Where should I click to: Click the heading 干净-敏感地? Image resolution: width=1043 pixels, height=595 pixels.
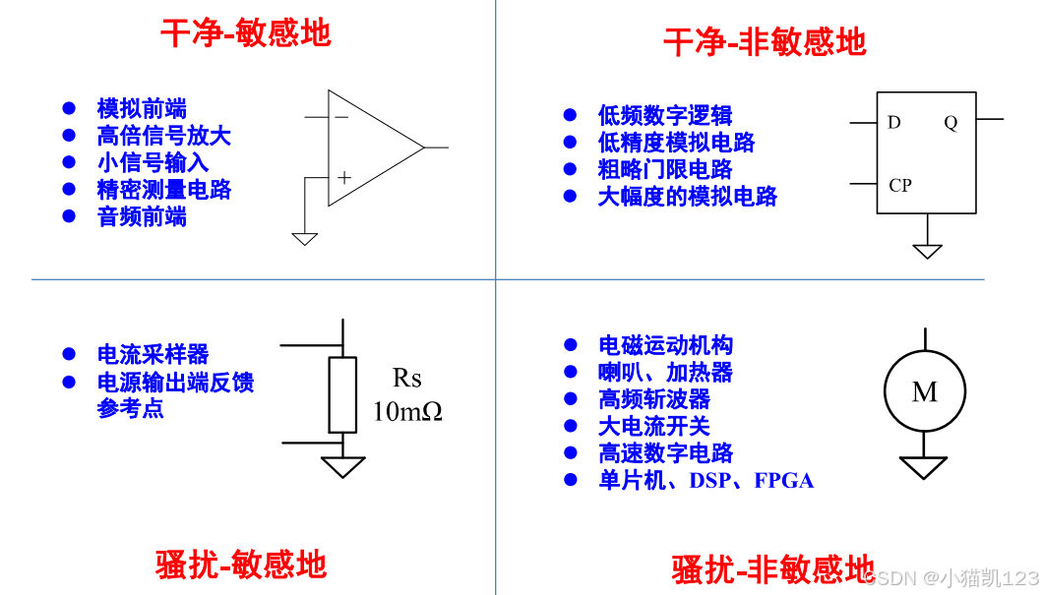(246, 33)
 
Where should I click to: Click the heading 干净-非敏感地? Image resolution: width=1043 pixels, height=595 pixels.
(765, 42)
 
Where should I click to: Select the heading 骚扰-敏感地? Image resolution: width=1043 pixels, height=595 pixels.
(241, 565)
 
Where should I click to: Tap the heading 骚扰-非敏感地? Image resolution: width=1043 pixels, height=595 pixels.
(772, 569)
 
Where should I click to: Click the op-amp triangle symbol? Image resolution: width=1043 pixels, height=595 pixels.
(369, 149)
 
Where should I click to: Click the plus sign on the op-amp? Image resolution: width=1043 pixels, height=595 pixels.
(343, 178)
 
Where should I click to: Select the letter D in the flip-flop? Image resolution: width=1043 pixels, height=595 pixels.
(893, 123)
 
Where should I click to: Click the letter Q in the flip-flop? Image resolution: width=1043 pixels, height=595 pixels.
(950, 123)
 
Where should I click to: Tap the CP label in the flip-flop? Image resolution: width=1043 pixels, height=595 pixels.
(899, 185)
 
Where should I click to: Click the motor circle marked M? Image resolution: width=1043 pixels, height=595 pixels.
(924, 391)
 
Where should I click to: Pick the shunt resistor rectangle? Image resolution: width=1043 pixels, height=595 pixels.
(342, 394)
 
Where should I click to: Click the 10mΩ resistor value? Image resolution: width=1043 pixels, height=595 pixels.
(407, 411)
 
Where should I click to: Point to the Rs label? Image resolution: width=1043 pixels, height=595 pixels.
(406, 378)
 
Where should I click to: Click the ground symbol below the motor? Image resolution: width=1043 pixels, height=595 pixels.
(923, 467)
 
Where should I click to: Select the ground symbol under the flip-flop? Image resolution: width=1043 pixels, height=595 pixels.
(927, 250)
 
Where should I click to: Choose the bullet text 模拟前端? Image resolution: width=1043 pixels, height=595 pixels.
(142, 108)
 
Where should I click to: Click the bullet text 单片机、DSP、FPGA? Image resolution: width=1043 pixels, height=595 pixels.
(706, 481)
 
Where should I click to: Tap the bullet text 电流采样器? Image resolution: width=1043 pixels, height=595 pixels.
(153, 354)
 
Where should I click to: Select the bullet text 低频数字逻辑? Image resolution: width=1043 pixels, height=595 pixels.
(665, 115)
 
